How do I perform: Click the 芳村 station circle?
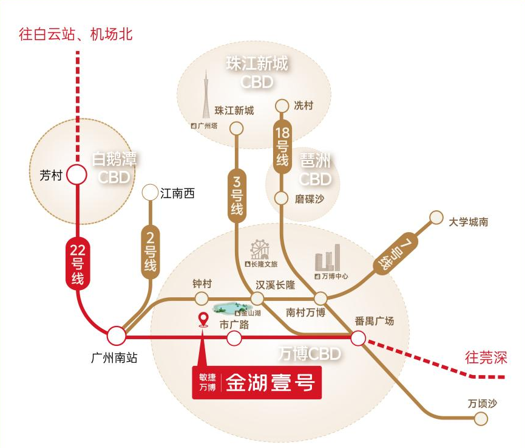point(76,174)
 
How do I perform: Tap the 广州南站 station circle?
point(116,336)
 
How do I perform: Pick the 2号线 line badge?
point(149,252)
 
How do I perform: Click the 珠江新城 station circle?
point(236,128)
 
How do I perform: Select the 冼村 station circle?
point(282,106)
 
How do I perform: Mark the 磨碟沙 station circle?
point(281,198)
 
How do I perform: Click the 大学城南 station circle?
point(436,217)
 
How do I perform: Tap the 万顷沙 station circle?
point(481,418)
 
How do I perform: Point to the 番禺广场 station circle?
point(358,337)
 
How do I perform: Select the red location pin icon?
point(203,320)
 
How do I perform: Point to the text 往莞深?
point(485,357)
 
